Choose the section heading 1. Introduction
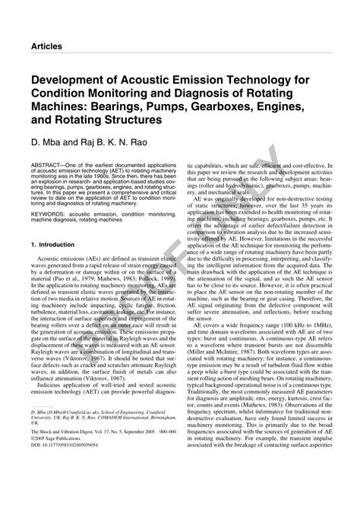coord(52,245)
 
